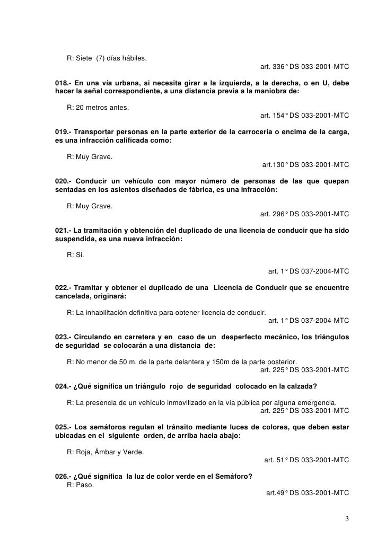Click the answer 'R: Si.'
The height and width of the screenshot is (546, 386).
[75, 254]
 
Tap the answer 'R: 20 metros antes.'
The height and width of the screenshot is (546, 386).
[98, 108]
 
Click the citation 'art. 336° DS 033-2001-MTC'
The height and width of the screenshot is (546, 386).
[305, 67]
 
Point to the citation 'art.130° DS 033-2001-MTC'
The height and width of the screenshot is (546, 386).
[306, 165]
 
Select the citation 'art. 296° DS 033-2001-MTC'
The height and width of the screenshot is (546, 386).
[305, 214]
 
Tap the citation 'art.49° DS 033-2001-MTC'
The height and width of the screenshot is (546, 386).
[308, 492]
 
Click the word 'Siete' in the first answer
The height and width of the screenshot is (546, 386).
[84, 57]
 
